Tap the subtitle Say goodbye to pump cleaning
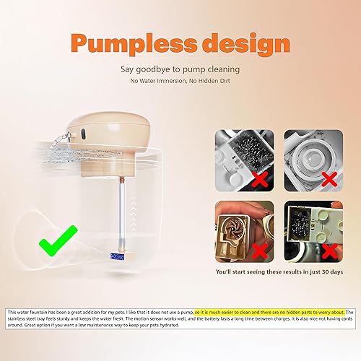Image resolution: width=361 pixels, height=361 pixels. (x=180, y=71)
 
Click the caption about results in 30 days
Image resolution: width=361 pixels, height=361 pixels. (x=279, y=271)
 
